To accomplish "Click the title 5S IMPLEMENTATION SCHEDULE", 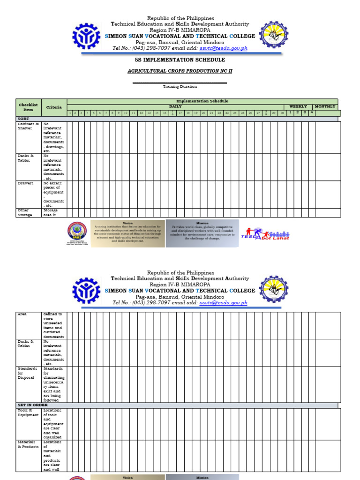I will point(180,60).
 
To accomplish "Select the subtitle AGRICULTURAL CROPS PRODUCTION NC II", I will point(180,71).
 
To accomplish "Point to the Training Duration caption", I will point(180,86).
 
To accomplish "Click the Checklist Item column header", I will point(29,107).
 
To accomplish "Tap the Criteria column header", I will point(54,107).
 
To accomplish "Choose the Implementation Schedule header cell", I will point(202,101).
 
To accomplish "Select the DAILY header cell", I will point(175,106).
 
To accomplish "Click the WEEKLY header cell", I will point(298,106).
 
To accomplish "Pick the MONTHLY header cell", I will point(325,106).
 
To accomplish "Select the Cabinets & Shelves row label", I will point(25,126).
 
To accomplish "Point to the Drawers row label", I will point(25,183).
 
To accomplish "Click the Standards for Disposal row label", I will point(26,373).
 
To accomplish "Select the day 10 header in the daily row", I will point(126,113).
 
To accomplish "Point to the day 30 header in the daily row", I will point(282,113).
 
